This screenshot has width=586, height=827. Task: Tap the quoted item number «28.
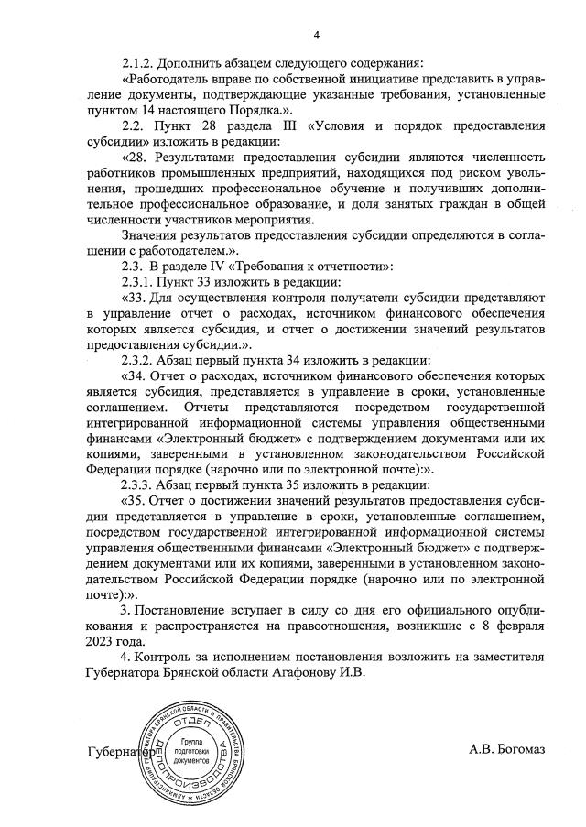[x=137, y=158]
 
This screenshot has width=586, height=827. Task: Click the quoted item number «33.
[x=137, y=298]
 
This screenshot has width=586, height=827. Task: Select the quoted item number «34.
[x=137, y=375]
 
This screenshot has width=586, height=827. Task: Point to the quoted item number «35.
[x=137, y=500]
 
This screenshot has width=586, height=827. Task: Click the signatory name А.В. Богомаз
[x=506, y=750]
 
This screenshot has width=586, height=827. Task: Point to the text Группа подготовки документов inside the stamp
[x=191, y=750]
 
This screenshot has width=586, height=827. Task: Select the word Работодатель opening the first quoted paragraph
[x=168, y=80]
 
